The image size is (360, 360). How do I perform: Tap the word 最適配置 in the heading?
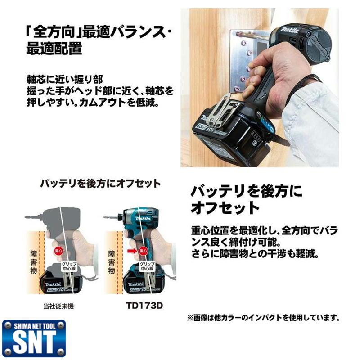[x=54, y=48]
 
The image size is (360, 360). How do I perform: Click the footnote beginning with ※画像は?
[x=263, y=318]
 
